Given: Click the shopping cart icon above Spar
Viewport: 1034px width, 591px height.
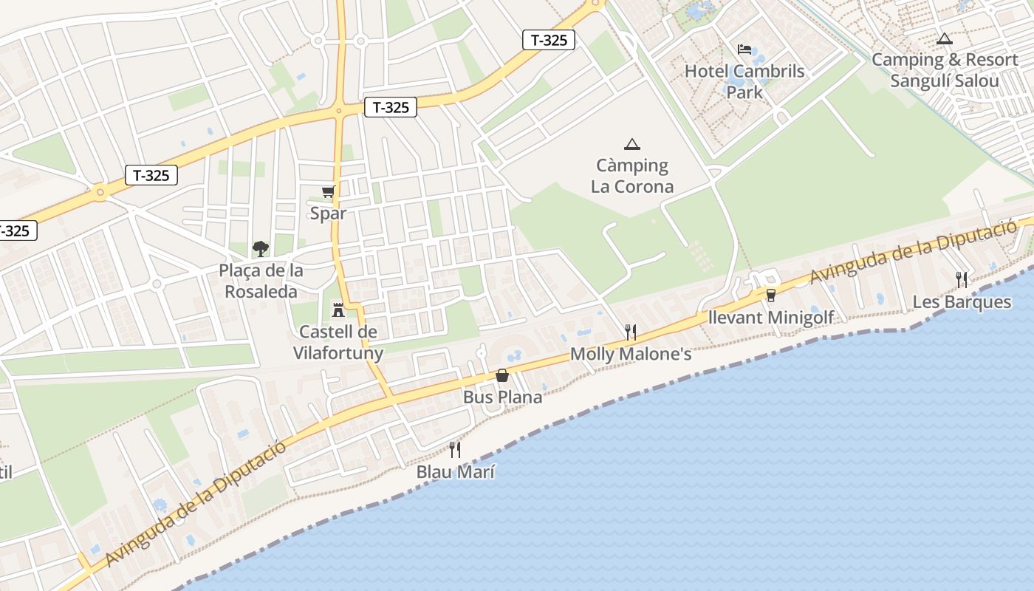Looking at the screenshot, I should (328, 192).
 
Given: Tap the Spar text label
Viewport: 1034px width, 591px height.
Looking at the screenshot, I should (328, 213).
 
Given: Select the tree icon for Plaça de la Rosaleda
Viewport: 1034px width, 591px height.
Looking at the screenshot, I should (260, 248).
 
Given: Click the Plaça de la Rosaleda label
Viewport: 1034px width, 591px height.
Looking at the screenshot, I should (261, 281).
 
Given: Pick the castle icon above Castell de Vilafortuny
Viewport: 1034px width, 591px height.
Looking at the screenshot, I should (338, 309).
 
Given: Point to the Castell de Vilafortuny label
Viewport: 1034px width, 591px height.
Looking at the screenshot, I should (338, 342).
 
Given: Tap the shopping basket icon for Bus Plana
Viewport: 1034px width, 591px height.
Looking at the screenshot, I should (502, 375).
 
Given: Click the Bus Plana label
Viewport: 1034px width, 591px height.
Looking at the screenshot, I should (502, 397).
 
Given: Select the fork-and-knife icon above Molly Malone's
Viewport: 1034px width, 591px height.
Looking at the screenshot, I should (631, 332).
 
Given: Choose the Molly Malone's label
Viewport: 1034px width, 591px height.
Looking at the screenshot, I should (631, 355).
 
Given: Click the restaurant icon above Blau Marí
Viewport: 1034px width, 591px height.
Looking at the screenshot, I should (455, 449).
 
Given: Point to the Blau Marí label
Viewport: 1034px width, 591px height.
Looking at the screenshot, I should (456, 471).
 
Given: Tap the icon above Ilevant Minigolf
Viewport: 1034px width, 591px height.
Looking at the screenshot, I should (771, 295).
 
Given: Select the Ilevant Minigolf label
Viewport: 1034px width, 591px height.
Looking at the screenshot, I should (771, 318).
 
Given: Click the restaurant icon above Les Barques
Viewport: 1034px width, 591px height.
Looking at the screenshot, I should (962, 279).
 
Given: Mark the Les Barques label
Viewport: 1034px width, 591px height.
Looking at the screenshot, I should (962, 301).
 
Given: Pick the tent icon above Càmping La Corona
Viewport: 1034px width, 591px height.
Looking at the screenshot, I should (631, 144).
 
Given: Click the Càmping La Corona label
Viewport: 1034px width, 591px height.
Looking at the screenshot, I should (632, 176).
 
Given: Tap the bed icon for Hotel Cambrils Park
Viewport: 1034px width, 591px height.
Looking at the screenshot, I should (744, 49).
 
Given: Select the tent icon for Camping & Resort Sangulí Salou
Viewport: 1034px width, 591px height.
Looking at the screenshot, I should (944, 38).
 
